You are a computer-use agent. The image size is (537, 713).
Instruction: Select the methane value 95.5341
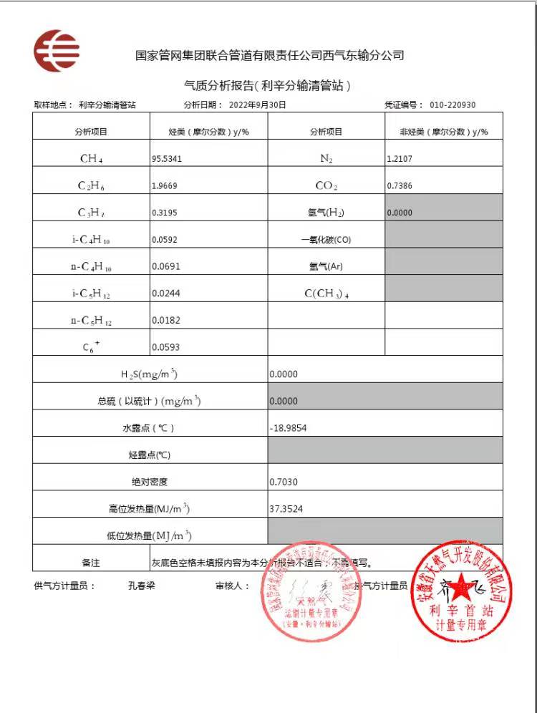[x=167, y=159]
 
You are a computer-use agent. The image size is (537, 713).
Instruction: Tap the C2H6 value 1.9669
[x=166, y=186]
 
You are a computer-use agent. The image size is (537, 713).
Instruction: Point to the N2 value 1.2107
[x=400, y=159]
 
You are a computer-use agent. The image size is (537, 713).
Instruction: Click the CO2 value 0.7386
[x=400, y=186]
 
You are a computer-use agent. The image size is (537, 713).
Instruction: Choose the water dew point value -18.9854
[x=289, y=427]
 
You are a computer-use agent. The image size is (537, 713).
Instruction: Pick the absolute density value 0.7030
[x=284, y=482]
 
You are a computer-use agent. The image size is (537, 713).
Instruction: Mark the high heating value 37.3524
[x=286, y=509]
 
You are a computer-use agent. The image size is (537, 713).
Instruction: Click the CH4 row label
[x=91, y=159]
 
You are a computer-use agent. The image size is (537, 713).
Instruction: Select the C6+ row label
[x=91, y=347]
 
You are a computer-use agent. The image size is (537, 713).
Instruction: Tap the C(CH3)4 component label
[x=326, y=294]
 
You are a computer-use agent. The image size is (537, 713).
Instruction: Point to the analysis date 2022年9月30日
[x=258, y=105]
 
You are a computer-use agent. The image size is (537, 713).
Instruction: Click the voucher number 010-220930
[x=453, y=105]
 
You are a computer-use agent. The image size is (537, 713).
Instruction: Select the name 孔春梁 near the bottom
[x=141, y=586]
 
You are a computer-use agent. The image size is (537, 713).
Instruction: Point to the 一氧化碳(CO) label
[x=326, y=240]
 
